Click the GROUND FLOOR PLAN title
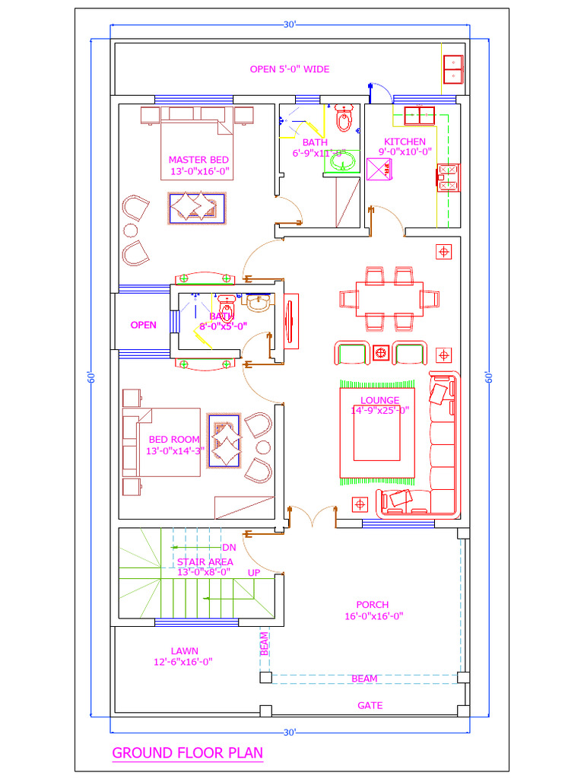187,753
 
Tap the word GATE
370,705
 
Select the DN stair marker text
228,547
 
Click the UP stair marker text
254,572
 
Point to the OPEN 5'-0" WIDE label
290,69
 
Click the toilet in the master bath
343,120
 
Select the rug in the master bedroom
198,208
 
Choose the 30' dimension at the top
290,25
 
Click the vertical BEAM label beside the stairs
264,644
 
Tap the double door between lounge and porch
313,517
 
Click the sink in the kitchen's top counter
417,116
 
